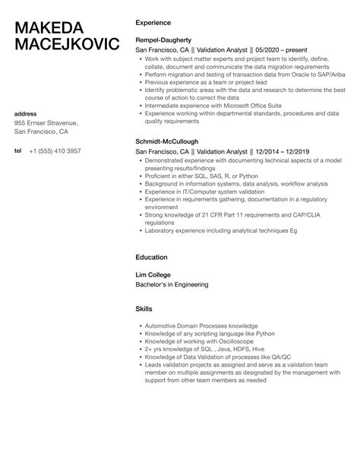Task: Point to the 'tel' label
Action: click(18, 151)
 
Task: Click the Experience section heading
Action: click(153, 23)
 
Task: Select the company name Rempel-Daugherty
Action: click(167, 38)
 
